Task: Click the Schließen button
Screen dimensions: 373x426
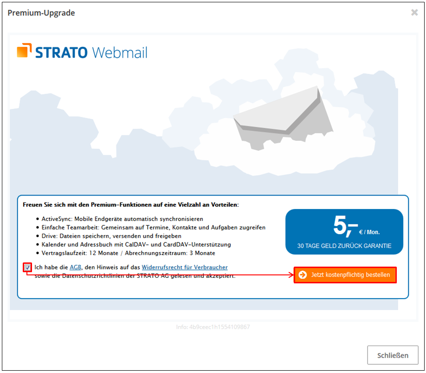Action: tap(393, 355)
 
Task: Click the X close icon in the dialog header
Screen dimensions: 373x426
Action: tap(414, 13)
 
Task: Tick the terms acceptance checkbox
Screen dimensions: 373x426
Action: tap(27, 268)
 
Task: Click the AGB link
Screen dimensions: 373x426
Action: tap(75, 268)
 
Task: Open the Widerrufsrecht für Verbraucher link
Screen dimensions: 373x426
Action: tap(185, 268)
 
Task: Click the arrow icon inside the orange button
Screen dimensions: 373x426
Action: tap(303, 275)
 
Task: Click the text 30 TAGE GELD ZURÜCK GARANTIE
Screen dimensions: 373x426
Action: tap(344, 246)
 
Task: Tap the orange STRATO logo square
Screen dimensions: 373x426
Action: tap(24, 51)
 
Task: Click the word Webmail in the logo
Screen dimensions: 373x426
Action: tap(119, 52)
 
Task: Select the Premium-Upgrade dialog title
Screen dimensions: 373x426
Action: tap(41, 13)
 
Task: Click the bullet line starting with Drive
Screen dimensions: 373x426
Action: tap(111, 236)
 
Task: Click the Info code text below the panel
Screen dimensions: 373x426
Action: tap(213, 327)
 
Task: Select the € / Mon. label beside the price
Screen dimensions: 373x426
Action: tap(369, 232)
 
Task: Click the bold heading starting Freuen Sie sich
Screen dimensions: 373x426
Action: tap(130, 204)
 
